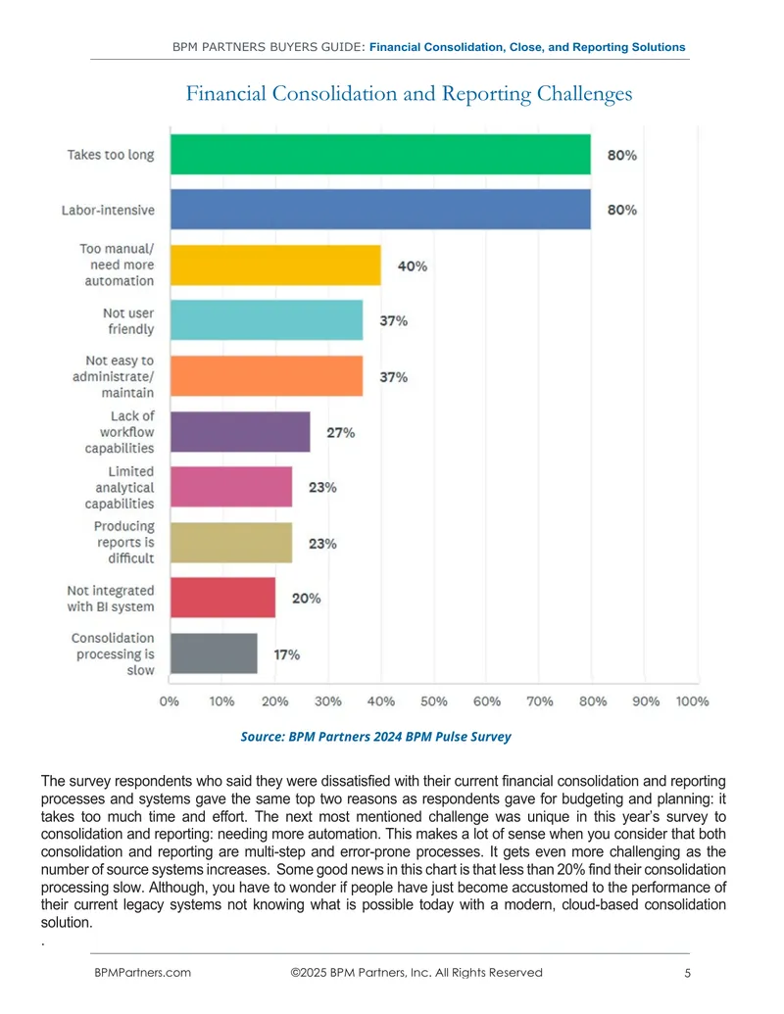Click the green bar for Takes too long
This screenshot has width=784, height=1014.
tap(380, 155)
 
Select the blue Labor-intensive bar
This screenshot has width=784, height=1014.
tap(380, 210)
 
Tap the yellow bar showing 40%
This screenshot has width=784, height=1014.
tap(275, 266)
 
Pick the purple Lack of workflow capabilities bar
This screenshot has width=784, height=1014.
tap(240, 432)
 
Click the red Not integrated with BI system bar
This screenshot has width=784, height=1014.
tap(223, 598)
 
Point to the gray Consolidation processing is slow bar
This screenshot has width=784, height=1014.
tap(214, 653)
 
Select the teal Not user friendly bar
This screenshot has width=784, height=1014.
tap(267, 320)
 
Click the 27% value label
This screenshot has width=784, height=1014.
tap(341, 433)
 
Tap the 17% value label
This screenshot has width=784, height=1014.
tap(286, 654)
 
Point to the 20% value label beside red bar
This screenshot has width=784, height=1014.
tap(306, 599)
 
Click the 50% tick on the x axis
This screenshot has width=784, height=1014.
tap(433, 701)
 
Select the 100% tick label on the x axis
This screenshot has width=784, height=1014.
tap(692, 701)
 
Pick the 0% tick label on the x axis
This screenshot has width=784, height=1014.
tap(169, 701)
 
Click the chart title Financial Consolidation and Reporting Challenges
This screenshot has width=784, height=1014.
tap(409, 94)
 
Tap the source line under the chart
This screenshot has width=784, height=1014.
tap(375, 737)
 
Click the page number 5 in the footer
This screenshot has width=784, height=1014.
tap(688, 973)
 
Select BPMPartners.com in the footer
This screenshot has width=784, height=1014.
tap(142, 973)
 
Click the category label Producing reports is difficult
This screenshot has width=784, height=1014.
tap(124, 542)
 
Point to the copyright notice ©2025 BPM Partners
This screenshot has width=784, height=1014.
tap(416, 973)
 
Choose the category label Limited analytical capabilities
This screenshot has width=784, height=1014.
tap(120, 487)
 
